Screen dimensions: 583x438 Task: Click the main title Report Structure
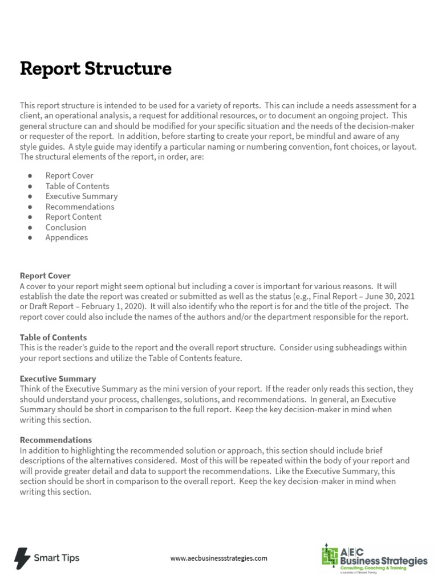95,69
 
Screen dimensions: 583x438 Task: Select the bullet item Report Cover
69,176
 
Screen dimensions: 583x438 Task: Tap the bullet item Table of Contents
77,186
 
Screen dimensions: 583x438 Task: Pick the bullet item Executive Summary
82,196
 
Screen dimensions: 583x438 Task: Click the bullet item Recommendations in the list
80,207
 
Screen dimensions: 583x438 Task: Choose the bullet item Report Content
74,217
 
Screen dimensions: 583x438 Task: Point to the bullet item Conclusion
66,227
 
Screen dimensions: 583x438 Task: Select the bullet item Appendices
67,237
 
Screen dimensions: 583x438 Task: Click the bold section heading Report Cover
45,276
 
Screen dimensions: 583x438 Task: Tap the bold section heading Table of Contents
53,338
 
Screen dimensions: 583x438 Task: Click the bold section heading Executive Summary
58,379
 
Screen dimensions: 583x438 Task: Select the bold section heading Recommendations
56,440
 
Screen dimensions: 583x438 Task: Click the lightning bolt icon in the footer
22,557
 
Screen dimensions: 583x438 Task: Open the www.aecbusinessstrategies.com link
218,559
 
